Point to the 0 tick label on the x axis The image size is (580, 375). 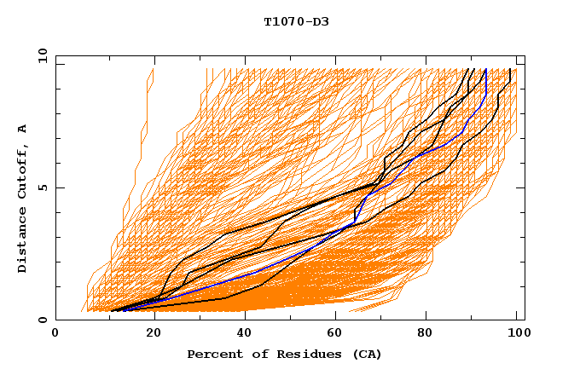pyautogui.click(x=56, y=333)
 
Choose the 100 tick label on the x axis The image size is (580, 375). pyautogui.click(x=515, y=333)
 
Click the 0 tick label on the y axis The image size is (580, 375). pyautogui.click(x=42, y=320)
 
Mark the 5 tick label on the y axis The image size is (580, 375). pyautogui.click(x=42, y=187)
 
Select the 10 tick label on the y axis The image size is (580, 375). pyautogui.click(x=38, y=55)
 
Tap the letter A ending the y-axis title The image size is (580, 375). pyautogui.click(x=22, y=129)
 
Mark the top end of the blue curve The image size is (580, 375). pyautogui.click(x=485, y=69)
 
